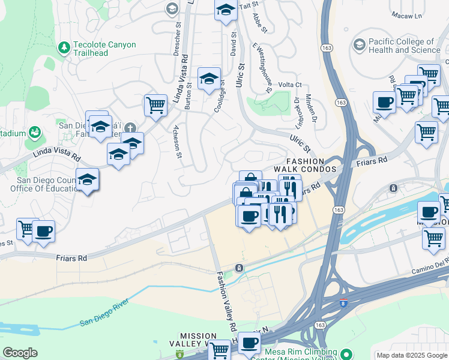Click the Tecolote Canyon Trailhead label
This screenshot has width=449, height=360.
(104, 49)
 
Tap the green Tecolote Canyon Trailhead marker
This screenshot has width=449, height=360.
(64, 46)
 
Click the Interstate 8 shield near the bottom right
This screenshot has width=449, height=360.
(343, 304)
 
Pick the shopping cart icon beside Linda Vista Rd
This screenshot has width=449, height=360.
(155, 105)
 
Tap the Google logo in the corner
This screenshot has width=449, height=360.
(20, 353)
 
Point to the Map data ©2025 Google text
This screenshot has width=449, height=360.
(412, 355)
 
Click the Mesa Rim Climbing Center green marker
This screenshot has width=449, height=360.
(345, 352)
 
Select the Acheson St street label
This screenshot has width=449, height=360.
(177, 145)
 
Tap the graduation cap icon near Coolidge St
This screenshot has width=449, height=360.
(209, 79)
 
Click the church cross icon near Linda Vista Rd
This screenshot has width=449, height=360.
(130, 128)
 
